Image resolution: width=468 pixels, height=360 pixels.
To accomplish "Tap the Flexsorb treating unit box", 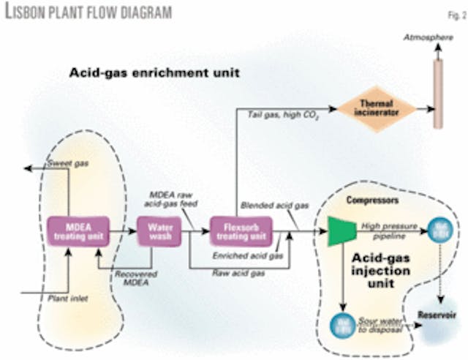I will click(240, 230).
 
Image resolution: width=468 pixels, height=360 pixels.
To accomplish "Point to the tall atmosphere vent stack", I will click(438, 92).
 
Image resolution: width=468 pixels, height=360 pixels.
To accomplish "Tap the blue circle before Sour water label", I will click(341, 322).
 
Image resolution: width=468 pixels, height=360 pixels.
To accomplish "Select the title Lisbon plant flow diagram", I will click(88, 12).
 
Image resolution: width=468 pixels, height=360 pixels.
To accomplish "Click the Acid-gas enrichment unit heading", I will click(155, 74).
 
